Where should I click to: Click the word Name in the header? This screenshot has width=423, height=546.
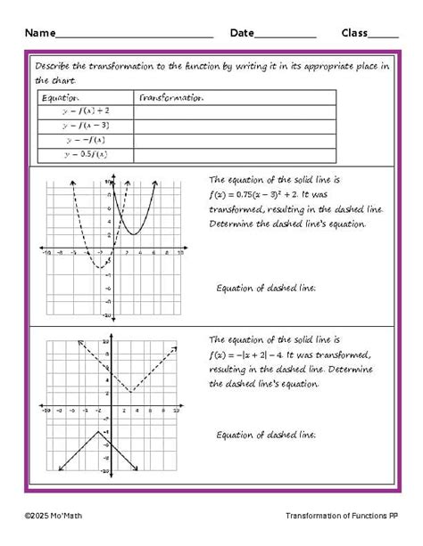tap(39, 33)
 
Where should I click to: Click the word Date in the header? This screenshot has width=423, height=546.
tap(242, 33)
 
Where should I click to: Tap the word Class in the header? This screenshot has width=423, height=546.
tap(354, 33)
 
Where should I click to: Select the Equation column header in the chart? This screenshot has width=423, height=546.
tap(61, 98)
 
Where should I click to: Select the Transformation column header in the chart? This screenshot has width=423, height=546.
tap(172, 98)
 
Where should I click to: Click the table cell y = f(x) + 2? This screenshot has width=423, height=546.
tap(86, 111)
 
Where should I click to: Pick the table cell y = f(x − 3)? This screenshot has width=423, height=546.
tap(86, 126)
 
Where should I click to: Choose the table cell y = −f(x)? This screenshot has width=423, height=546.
tap(86, 140)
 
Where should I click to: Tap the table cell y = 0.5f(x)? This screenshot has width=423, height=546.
tap(86, 154)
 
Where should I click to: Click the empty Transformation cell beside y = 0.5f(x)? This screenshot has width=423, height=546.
tap(235, 154)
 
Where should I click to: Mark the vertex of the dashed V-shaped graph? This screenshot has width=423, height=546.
tap(131, 391)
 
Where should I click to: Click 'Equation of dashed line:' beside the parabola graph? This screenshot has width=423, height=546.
tap(266, 288)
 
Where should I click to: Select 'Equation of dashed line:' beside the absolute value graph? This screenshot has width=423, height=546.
tap(266, 435)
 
